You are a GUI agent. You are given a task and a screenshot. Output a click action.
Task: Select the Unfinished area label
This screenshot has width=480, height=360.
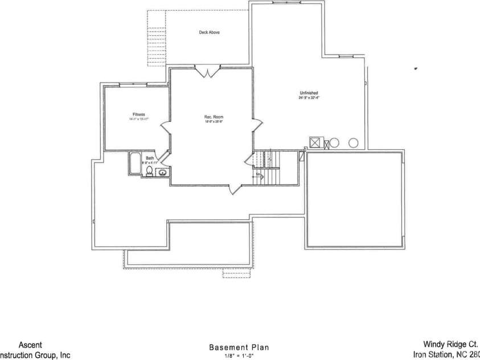[309, 93]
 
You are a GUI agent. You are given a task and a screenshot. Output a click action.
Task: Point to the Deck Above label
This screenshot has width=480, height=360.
[209, 32]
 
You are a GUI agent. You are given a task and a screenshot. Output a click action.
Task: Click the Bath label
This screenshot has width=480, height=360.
[150, 158]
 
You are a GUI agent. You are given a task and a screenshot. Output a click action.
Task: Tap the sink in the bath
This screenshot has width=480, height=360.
[162, 173]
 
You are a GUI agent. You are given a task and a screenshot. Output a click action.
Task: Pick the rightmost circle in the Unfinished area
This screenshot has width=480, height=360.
[354, 142]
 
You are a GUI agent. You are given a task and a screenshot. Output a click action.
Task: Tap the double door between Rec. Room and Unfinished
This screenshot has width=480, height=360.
[258, 126]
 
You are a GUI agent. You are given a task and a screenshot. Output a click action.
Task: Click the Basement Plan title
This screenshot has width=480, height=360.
[239, 346]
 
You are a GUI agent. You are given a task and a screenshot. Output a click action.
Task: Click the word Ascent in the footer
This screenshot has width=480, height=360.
[30, 345]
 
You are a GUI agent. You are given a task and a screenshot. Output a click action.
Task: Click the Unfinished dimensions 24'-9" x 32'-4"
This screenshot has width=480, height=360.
[309, 98]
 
